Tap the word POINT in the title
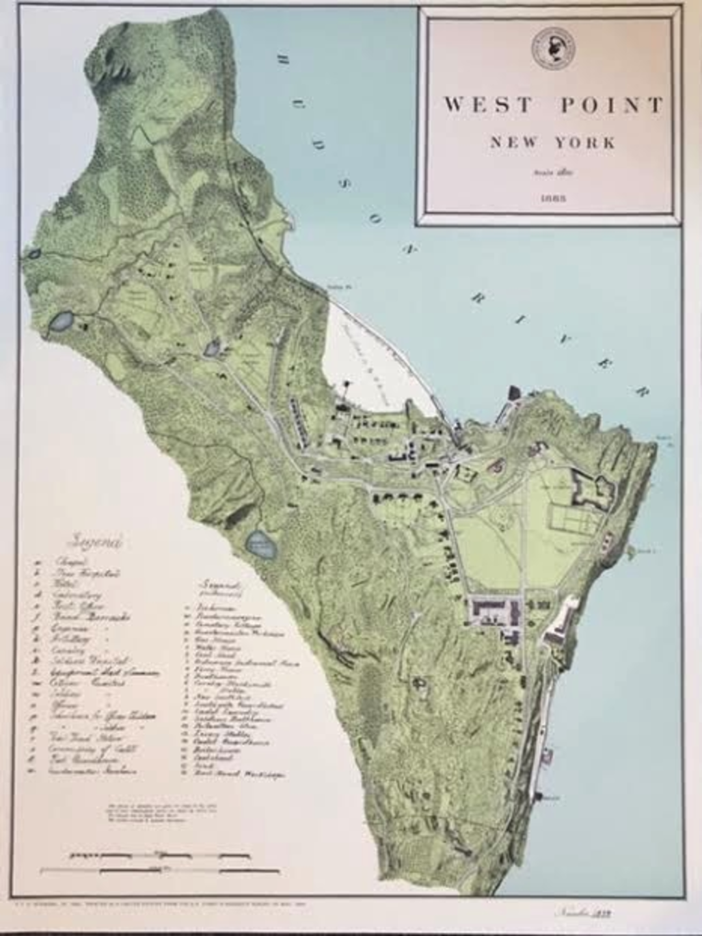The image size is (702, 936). [612, 105]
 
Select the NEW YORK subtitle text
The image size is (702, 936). [552, 142]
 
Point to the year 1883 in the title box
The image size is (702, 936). [552, 198]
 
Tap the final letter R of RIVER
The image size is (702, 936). [643, 391]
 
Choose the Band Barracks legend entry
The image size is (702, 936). [91, 617]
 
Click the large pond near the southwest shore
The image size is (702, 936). [261, 544]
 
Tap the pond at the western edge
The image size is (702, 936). [62, 321]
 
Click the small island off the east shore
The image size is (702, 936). [629, 551]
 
